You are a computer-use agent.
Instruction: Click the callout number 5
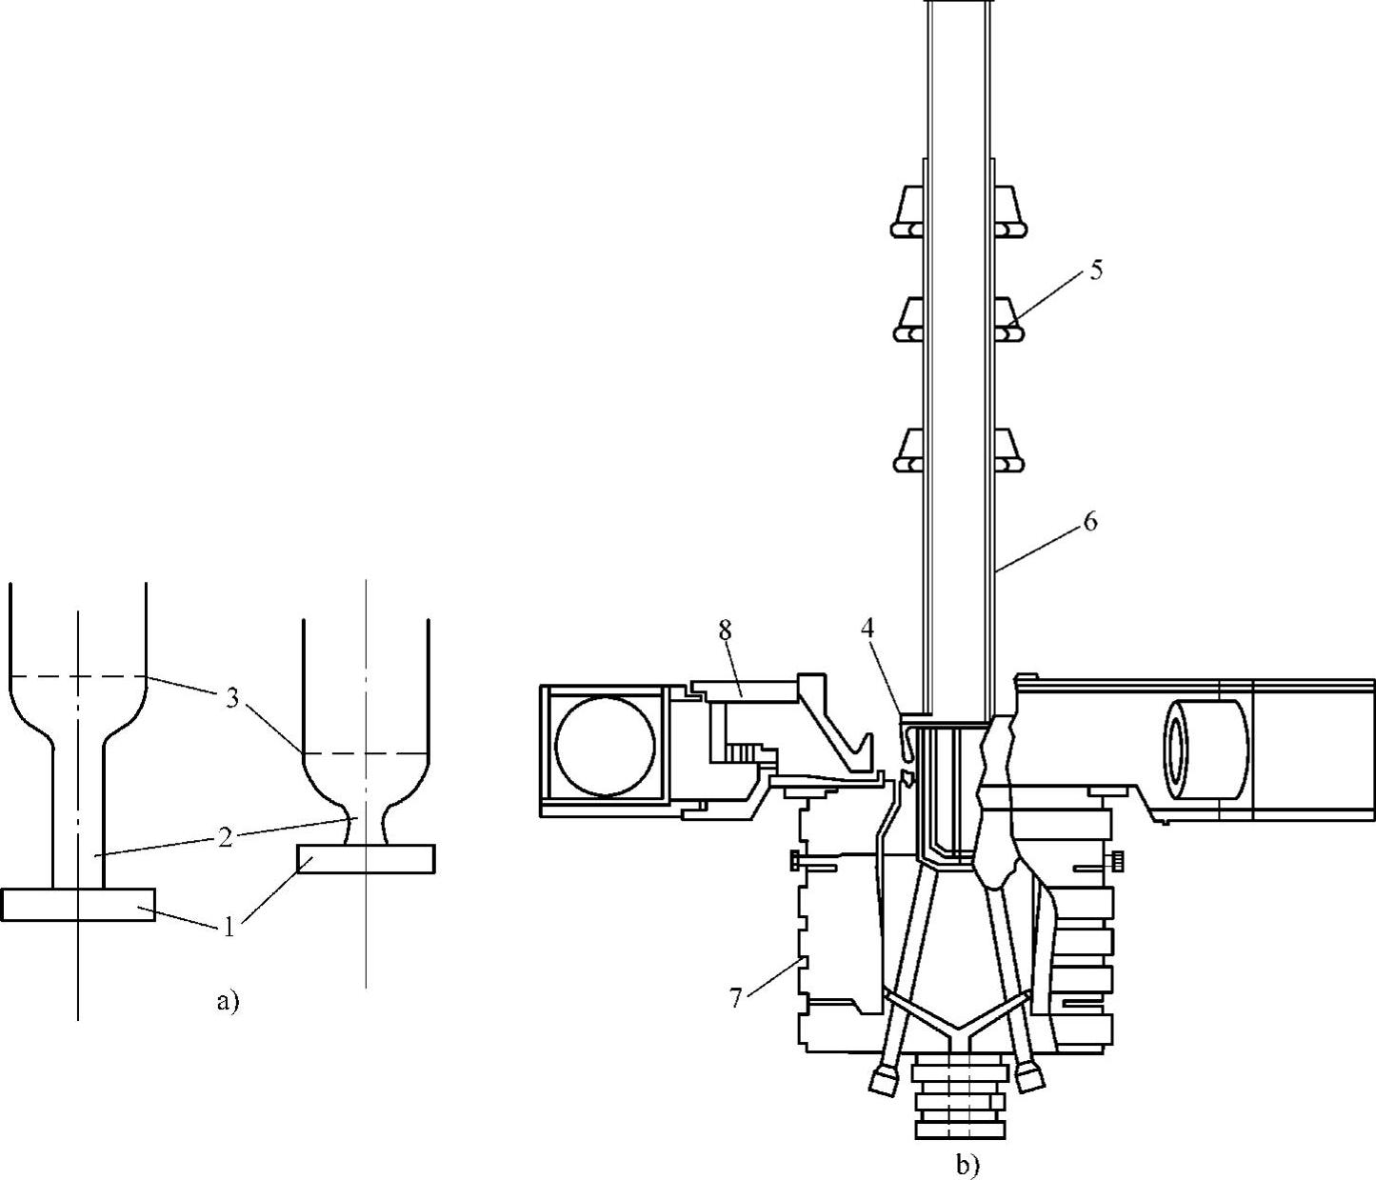click(1096, 270)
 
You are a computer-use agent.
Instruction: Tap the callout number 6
click(1089, 522)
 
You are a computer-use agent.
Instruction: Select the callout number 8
click(725, 630)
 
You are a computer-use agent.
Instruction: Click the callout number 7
click(735, 998)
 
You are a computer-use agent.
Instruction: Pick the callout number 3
click(231, 698)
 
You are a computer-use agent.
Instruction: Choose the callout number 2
click(226, 837)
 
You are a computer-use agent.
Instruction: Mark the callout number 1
click(229, 927)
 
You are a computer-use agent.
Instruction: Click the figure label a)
click(228, 1001)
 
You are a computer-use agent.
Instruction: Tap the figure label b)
click(967, 1165)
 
